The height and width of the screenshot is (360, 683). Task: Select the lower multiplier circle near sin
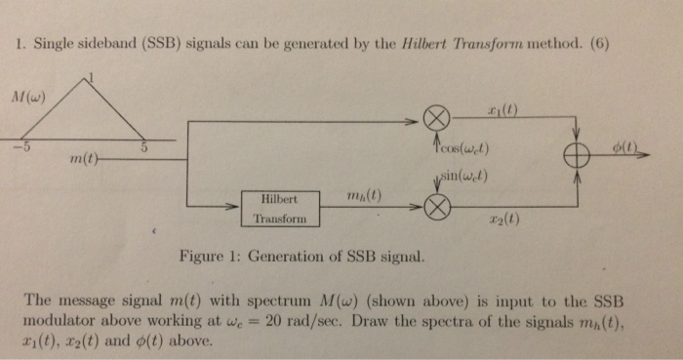point(438,206)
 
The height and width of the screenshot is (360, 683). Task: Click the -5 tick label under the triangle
point(17,148)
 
